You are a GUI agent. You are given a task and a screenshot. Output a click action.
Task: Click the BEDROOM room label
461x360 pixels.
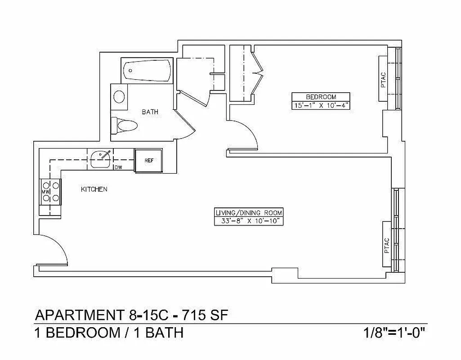tap(321, 97)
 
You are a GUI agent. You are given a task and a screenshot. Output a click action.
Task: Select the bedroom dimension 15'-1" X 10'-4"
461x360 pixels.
tap(321, 105)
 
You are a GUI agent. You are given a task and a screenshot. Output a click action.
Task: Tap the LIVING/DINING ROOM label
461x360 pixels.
tap(250, 212)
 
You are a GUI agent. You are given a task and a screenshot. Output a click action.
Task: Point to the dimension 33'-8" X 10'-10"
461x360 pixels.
tap(250, 221)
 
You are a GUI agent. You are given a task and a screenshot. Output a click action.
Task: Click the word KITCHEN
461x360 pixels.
tap(94, 189)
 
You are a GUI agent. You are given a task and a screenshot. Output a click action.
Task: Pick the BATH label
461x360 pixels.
tap(150, 112)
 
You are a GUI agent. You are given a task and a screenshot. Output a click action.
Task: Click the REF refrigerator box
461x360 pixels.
tap(148, 160)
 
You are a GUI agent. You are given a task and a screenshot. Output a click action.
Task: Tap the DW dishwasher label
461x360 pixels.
tap(118, 167)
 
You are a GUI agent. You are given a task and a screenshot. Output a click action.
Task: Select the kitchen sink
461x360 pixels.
tap(101, 159)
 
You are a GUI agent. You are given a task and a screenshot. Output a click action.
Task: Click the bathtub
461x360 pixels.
tap(147, 71)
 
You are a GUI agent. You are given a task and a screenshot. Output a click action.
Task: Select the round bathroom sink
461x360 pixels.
tap(119, 96)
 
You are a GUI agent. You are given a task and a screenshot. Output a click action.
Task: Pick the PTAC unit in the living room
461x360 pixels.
tap(386, 245)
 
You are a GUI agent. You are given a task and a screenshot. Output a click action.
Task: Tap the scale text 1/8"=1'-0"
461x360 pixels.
tap(394, 334)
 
